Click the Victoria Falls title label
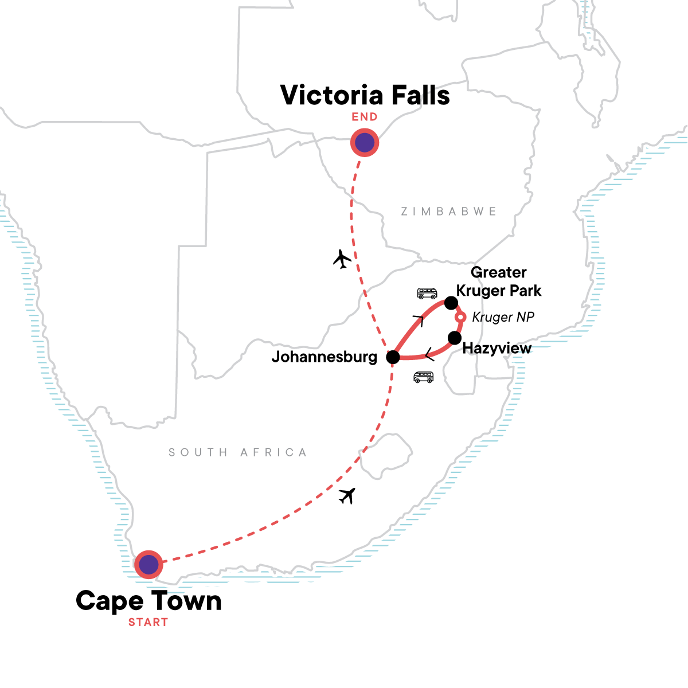(365, 95)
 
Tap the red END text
(365, 117)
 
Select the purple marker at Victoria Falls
(365, 143)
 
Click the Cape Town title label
(148, 601)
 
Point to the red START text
(148, 622)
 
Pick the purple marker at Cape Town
(148, 565)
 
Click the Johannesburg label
(324, 357)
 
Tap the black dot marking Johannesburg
(393, 358)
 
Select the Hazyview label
(497, 348)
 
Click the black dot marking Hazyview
(454, 338)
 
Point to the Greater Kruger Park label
(498, 282)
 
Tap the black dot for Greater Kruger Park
(451, 303)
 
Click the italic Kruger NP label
(503, 317)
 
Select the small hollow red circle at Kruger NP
(460, 317)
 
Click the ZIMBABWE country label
(448, 212)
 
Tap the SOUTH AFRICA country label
(237, 452)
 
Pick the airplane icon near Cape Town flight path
(347, 495)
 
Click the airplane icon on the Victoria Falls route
(342, 259)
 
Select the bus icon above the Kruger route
(427, 294)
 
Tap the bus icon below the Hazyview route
(423, 377)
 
